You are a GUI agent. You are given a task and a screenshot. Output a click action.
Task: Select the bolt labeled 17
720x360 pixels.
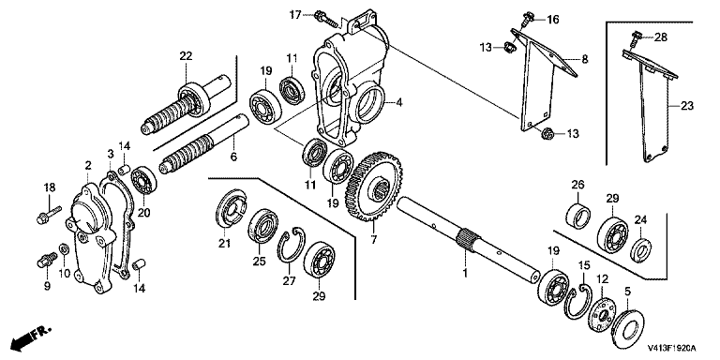(325, 18)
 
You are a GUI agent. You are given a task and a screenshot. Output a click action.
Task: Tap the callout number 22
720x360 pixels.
(186, 56)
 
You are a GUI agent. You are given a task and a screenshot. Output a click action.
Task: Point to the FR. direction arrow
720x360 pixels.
(31, 336)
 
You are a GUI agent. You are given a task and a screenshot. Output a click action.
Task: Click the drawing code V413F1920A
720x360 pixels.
(672, 348)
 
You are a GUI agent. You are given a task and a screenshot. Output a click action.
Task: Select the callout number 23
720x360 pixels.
(687, 106)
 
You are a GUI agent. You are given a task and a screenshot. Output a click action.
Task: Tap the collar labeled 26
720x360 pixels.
(577, 215)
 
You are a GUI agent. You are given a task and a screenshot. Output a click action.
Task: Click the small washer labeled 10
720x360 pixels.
(65, 249)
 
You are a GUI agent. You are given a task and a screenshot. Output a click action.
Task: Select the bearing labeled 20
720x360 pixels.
(143, 181)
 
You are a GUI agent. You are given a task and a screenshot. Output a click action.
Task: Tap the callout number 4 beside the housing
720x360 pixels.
(399, 103)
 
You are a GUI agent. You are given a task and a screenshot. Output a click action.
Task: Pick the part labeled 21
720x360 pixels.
(232, 208)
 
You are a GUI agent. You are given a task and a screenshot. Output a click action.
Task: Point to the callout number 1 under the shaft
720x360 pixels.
(464, 273)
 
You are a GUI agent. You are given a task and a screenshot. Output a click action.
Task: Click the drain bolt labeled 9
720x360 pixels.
(45, 261)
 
